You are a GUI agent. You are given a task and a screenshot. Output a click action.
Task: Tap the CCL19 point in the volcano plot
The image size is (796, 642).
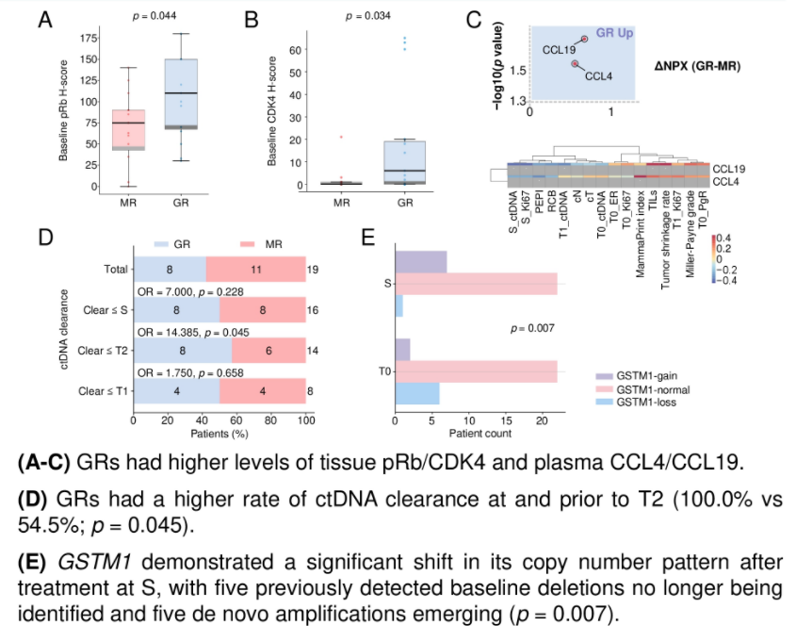click(x=584, y=39)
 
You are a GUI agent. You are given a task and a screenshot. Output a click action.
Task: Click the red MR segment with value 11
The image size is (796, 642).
click(x=255, y=270)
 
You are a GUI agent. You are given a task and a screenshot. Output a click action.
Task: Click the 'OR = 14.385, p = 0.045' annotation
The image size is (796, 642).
click(x=198, y=331)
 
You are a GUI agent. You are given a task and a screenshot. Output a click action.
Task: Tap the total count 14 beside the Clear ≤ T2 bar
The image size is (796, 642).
click(x=313, y=350)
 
